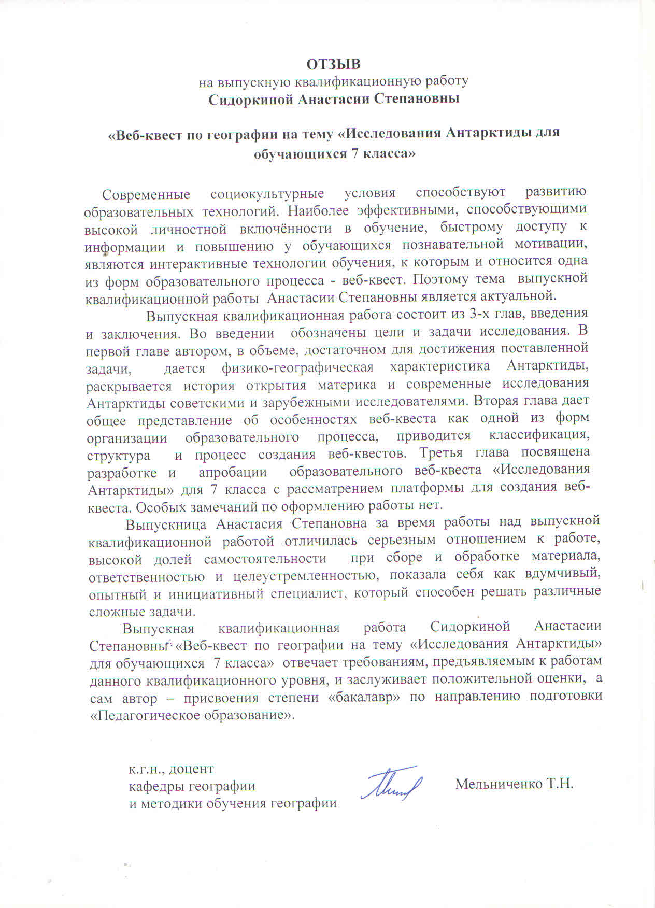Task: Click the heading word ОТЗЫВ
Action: pyautogui.click(x=334, y=64)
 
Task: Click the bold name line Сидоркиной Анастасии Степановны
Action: pyautogui.click(x=334, y=98)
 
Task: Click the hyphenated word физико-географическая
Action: pyautogui.click(x=297, y=367)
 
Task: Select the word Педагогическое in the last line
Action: pyautogui.click(x=145, y=715)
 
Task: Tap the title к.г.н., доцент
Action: pyautogui.click(x=171, y=769)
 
